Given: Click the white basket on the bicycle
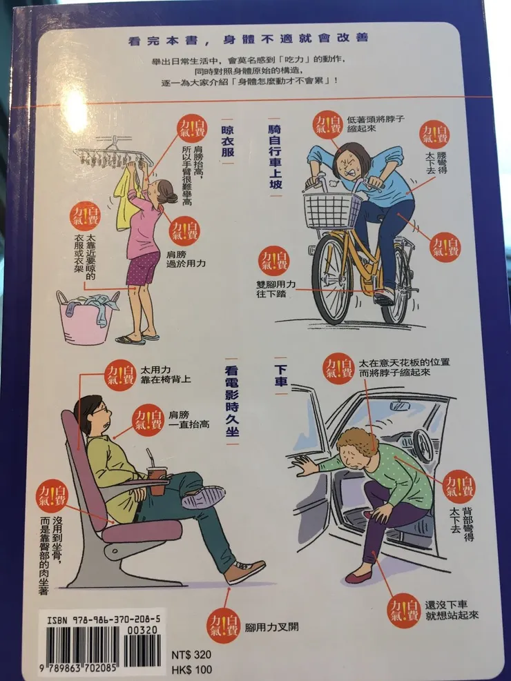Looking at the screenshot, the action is (x=332, y=210).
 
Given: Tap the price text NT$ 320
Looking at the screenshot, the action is (x=191, y=655).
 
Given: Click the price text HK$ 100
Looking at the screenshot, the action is (x=192, y=670).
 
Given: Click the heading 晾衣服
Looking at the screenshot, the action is (x=228, y=141).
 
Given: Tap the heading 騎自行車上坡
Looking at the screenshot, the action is (x=275, y=157).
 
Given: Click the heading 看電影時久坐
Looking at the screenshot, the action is (x=232, y=400).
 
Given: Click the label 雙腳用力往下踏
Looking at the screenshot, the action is (x=276, y=289).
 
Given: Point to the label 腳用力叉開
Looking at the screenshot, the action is (x=272, y=626).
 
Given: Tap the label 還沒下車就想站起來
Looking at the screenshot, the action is (x=452, y=610).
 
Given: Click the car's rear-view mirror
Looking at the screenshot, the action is (x=400, y=406).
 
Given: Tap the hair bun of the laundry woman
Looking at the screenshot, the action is (x=172, y=197).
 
